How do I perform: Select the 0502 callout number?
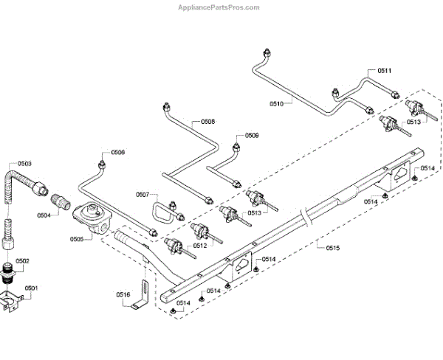click(x=22, y=260)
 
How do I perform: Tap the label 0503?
click(x=25, y=162)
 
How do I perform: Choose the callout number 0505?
click(x=78, y=240)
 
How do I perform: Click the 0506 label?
click(x=118, y=153)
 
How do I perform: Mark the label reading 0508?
click(x=208, y=122)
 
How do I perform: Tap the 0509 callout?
click(x=253, y=135)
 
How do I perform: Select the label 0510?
click(x=276, y=103)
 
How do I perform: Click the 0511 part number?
click(x=384, y=70)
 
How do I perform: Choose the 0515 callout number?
click(x=334, y=247)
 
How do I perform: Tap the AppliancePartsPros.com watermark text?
click(x=219, y=7)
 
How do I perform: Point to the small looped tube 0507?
click(x=160, y=212)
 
